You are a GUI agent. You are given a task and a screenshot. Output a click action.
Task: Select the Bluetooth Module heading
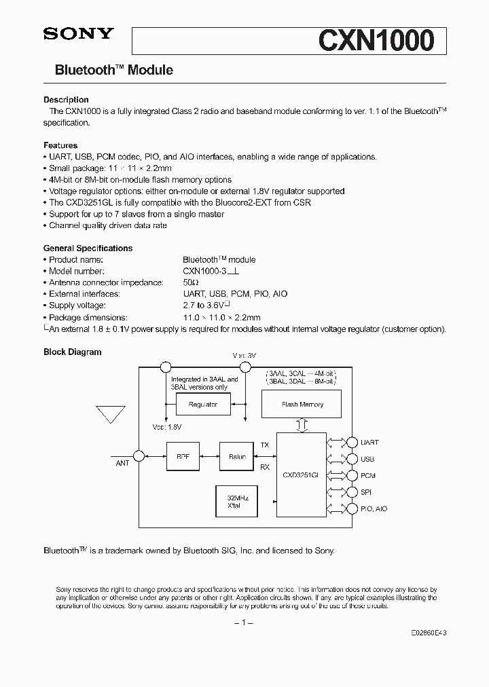click(x=113, y=70)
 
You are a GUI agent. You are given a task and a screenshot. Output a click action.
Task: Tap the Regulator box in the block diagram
click(x=202, y=405)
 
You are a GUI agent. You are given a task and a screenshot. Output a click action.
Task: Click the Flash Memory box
click(x=302, y=405)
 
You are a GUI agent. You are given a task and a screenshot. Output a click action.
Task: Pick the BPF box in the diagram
click(x=183, y=457)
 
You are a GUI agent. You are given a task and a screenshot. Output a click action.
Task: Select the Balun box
click(x=236, y=457)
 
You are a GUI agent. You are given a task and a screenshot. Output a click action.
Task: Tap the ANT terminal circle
click(x=139, y=456)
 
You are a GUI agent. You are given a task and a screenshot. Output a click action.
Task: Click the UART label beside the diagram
click(x=369, y=442)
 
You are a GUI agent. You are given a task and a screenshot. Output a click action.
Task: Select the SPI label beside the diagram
click(x=365, y=492)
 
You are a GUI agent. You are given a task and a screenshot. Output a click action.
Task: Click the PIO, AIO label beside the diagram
click(x=374, y=508)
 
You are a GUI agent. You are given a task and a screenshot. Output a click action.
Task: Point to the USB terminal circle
click(x=351, y=459)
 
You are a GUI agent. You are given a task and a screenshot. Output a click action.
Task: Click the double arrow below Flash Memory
click(x=302, y=425)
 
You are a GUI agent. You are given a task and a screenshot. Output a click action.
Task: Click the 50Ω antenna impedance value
click(x=190, y=282)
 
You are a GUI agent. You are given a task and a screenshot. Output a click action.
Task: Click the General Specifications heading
click(x=88, y=248)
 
